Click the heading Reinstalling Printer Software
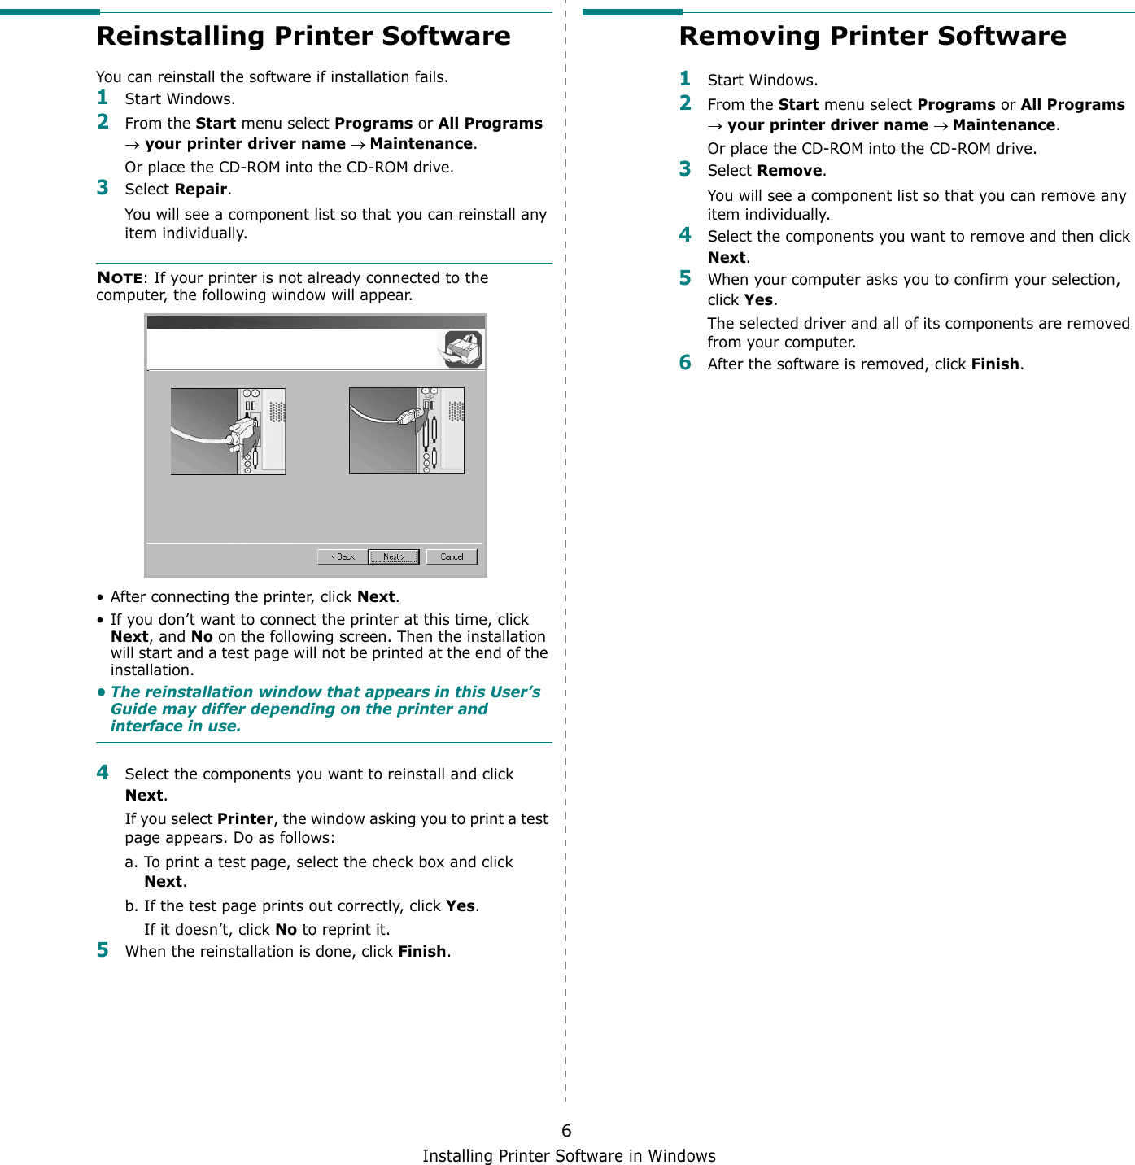point(303,37)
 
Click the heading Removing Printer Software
point(871,37)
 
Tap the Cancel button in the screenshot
point(452,556)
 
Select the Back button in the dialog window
point(342,556)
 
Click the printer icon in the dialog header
point(463,350)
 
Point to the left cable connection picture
point(228,431)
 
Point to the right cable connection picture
point(406,430)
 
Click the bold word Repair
point(201,190)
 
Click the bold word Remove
point(789,171)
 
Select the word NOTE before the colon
point(119,277)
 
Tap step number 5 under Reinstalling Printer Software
point(103,950)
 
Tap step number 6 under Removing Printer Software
point(685,363)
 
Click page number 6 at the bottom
point(566,1131)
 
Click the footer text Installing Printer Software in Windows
point(569,1156)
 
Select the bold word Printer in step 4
point(245,819)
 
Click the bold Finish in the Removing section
point(994,364)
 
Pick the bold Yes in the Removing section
point(758,300)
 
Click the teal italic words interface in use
point(176,726)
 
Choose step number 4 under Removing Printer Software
point(685,235)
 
